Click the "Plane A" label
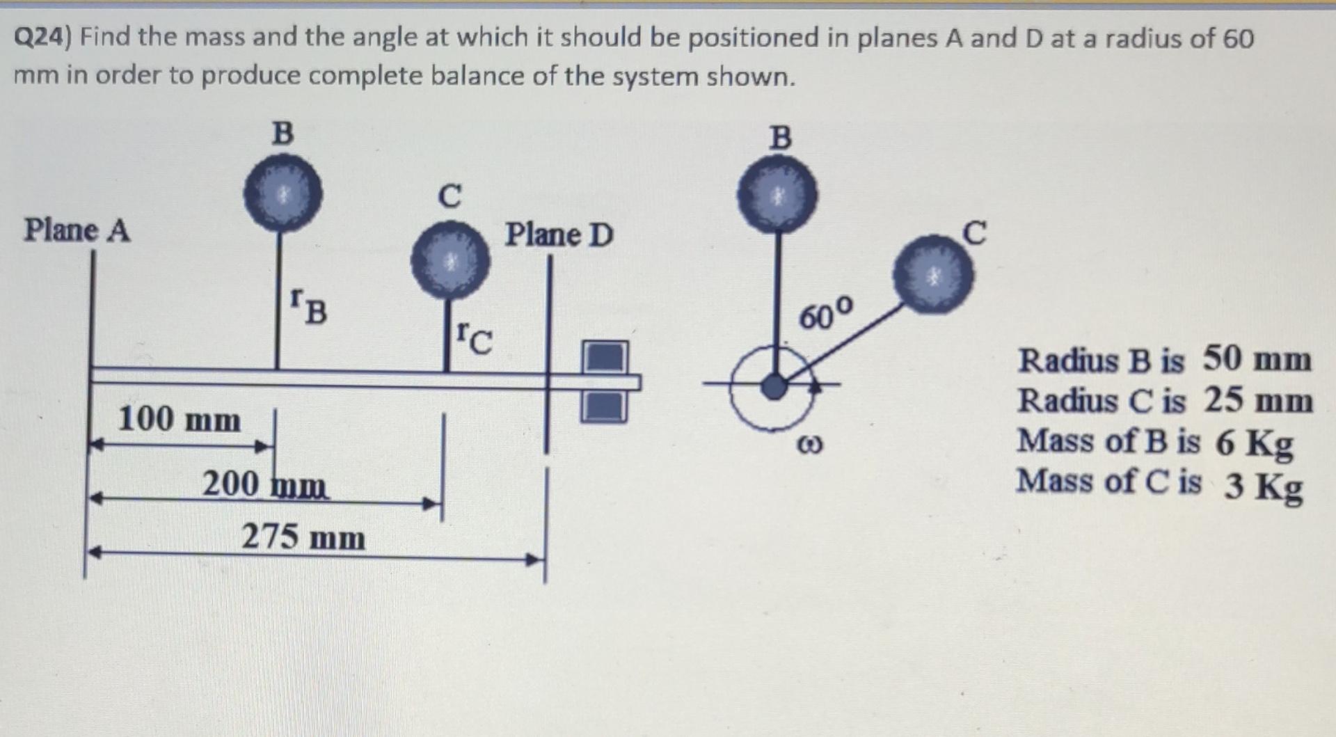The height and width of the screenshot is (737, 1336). [77, 230]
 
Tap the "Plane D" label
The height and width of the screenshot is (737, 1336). [559, 235]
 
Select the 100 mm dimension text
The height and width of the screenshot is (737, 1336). [179, 419]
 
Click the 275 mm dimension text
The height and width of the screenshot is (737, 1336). [303, 537]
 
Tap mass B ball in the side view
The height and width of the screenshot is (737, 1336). [282, 193]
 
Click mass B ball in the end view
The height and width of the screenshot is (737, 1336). [778, 194]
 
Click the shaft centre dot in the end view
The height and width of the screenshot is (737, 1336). [773, 386]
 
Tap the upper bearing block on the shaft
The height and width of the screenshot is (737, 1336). [604, 356]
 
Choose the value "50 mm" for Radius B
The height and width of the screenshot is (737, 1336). [1257, 359]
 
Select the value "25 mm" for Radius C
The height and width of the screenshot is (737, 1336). [1258, 400]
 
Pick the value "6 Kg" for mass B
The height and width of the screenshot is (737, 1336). [1254, 443]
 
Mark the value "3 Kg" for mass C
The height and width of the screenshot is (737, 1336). [1263, 486]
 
